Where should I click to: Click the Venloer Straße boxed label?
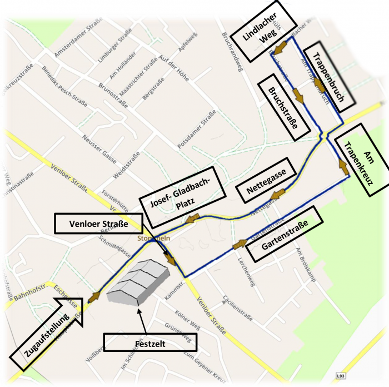[99, 224]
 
